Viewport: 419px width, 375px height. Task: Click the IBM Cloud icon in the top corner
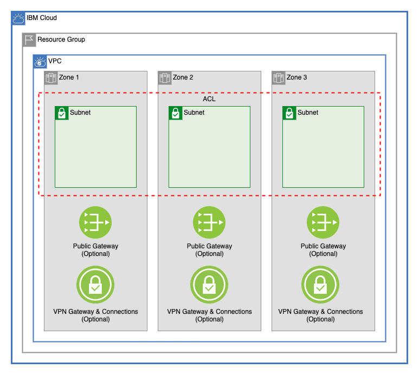point(18,18)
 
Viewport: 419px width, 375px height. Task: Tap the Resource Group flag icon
point(29,40)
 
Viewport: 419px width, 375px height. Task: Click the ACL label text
point(209,99)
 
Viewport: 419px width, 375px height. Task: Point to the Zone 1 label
point(69,77)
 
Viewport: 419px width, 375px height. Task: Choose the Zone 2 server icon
point(165,78)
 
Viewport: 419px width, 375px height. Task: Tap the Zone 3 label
point(296,77)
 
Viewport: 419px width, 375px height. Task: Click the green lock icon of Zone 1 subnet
point(62,113)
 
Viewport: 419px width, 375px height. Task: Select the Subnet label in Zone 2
point(194,113)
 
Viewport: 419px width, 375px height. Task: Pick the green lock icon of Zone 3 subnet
point(289,113)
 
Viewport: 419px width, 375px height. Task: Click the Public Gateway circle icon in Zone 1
point(95,222)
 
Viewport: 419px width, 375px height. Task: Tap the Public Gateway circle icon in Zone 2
point(209,222)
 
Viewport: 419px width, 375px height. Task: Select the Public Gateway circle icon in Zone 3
point(323,222)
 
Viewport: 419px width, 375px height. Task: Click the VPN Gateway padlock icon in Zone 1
point(95,285)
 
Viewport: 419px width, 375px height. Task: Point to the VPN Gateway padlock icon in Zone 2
point(209,285)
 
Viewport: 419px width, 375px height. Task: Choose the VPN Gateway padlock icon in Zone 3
point(320,285)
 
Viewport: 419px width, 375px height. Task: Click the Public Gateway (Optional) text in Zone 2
point(209,249)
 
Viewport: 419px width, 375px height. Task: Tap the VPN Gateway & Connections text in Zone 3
point(320,312)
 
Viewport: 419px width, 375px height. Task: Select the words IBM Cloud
point(42,18)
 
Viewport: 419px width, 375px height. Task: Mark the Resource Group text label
point(61,40)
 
